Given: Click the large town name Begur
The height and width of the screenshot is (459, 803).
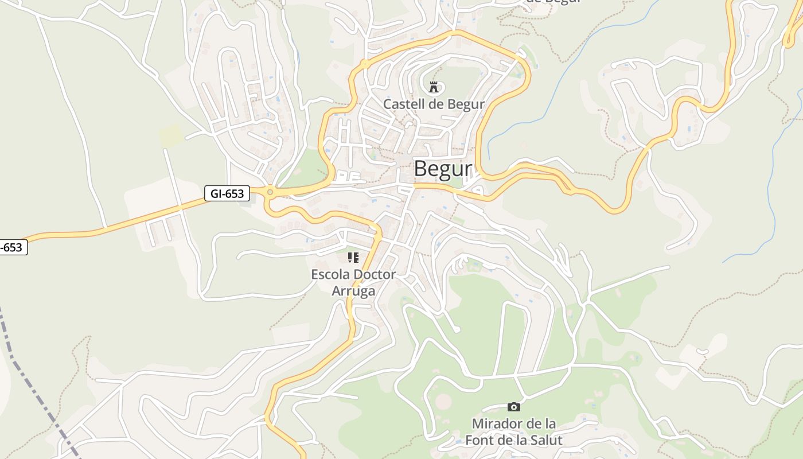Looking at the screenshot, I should [442, 169].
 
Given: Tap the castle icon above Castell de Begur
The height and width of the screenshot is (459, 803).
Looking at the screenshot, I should [434, 87].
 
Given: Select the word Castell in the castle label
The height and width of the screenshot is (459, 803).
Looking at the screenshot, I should [402, 104].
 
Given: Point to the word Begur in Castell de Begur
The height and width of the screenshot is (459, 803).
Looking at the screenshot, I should [467, 104].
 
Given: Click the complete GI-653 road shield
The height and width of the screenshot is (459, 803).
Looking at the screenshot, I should [227, 193].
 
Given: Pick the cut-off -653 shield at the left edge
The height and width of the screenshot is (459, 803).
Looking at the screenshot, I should [13, 247].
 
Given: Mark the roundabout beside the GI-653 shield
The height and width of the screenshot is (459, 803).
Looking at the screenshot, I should [270, 192].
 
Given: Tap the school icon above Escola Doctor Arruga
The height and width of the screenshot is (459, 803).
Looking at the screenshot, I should [353, 258].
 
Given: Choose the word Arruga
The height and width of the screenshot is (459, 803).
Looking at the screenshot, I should [353, 291].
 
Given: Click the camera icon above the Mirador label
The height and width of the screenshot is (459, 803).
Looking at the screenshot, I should [514, 407].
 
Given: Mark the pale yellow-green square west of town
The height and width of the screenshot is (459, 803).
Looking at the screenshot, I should [170, 135].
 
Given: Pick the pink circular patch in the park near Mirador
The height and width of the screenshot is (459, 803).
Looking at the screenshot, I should [443, 401].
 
